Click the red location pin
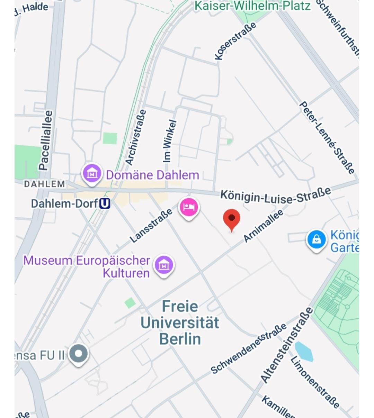232,219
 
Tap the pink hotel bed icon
189,207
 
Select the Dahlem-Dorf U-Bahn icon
105,203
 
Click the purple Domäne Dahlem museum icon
92,174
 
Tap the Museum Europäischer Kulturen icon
163,265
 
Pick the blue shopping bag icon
317,239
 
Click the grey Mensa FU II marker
79,354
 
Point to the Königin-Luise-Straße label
276,196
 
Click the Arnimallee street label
263,226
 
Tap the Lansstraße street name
151,225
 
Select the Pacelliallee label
46,140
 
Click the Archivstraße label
136,137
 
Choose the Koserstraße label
235,41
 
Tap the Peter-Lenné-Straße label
327,137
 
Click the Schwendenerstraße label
249,348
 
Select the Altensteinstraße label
286,345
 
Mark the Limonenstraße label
314,382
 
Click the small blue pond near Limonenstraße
304,351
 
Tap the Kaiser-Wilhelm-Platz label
253,6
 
